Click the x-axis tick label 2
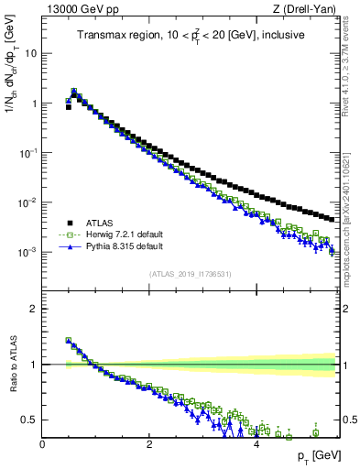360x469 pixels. [149, 443]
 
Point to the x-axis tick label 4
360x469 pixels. [256, 443]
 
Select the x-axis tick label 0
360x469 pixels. [42, 443]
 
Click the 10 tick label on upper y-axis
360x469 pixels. [30, 53]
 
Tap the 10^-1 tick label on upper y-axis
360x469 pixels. [27, 152]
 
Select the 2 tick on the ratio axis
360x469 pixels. [34, 309]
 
